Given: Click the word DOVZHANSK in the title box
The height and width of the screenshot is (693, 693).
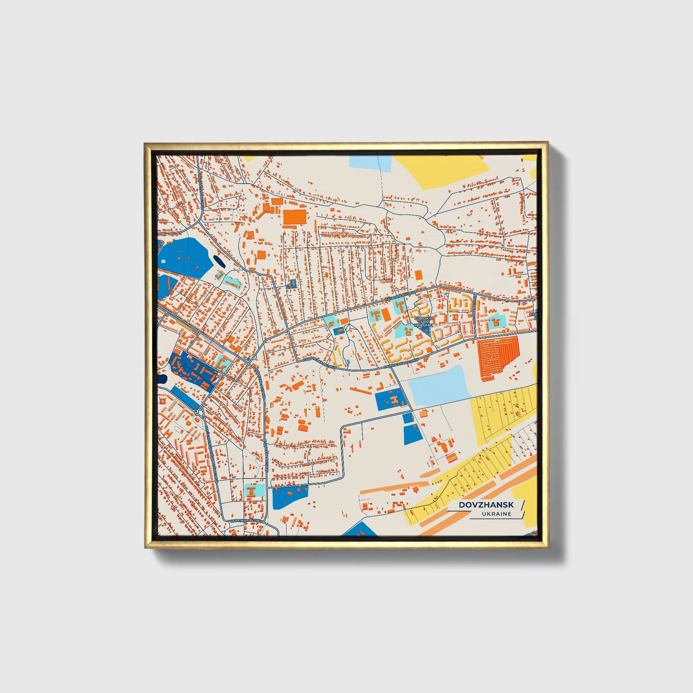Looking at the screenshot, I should [486, 505].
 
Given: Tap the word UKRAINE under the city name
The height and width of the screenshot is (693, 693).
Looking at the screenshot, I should [497, 514].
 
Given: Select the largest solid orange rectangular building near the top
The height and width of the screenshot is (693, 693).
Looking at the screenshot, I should [294, 217].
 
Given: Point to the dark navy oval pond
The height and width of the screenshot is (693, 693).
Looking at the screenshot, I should [219, 261].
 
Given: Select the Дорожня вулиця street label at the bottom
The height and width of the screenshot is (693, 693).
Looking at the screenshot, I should [247, 520].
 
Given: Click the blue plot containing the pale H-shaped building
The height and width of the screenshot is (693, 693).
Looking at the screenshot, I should [390, 400].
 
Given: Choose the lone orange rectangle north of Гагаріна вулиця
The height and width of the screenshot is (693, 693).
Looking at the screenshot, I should [418, 275].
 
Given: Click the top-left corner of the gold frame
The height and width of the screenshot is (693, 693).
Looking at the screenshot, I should [146, 144].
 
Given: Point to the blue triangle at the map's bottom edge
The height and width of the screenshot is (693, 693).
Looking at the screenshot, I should [359, 529].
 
